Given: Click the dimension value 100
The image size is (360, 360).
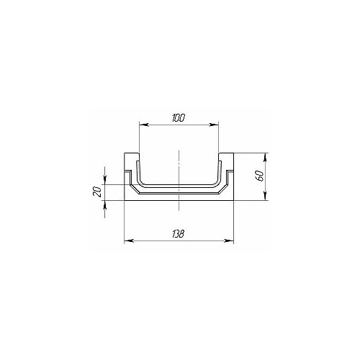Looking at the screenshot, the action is coord(179,118).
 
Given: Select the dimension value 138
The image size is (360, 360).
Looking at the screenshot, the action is coord(179,233).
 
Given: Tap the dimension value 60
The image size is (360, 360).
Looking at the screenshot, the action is coord(261,176).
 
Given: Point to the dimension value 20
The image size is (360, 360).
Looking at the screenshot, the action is coord(97,192).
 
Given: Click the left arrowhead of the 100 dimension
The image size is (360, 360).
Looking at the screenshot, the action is coord(143,125).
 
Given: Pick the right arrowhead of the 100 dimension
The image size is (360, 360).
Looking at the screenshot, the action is coord(215,125).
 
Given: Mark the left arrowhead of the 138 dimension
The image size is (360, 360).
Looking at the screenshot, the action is coord(129,240).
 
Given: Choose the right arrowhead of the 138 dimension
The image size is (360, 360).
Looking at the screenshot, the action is coord(229,240).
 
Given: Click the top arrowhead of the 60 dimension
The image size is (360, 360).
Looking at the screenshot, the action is coord(265,158).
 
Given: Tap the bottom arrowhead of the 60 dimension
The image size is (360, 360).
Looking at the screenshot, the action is coord(265,196).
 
